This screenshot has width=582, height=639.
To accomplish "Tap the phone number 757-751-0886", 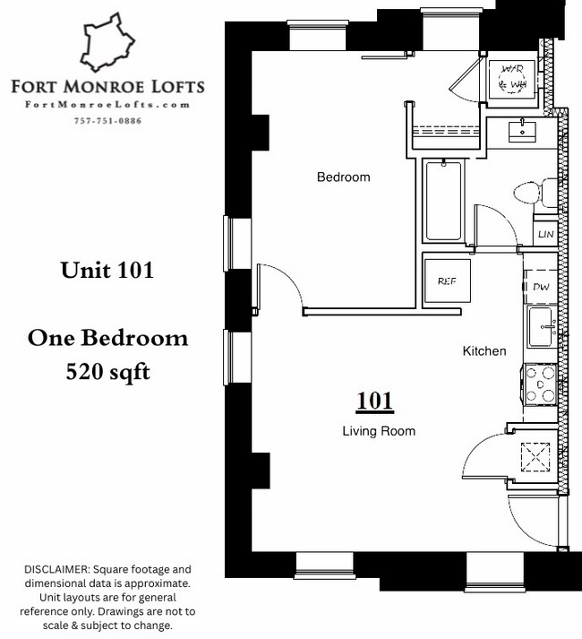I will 107,121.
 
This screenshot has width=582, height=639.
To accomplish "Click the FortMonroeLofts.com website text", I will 107,105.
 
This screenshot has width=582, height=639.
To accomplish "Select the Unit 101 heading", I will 107,270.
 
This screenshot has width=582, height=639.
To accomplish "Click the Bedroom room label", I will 343,177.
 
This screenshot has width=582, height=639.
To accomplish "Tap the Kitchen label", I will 484,351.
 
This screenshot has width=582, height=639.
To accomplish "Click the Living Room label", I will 379,431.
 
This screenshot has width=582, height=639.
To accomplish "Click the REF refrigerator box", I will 447,281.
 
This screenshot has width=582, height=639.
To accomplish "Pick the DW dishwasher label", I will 541,287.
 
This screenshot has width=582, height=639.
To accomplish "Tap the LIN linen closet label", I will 545,234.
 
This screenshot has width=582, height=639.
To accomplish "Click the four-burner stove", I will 541,383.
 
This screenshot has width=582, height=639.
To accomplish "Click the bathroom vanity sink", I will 522,132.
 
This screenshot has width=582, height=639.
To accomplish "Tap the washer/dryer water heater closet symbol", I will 512,77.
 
